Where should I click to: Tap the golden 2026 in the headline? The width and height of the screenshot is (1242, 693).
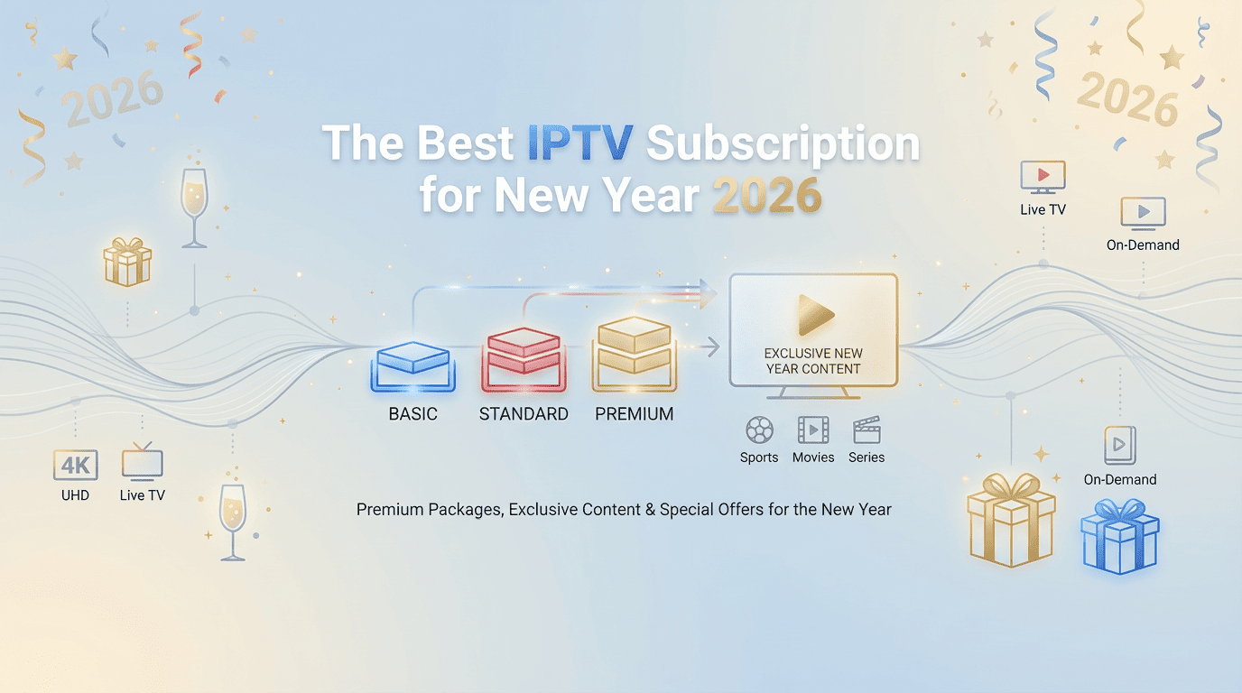click(766, 196)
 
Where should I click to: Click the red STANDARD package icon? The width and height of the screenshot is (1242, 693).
click(523, 360)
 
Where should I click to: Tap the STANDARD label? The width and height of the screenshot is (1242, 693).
click(524, 414)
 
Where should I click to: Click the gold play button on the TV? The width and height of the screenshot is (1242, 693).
click(814, 315)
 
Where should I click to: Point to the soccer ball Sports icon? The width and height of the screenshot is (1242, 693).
click(759, 430)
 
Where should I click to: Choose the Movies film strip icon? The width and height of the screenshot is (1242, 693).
click(813, 430)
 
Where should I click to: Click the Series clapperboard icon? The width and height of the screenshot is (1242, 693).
click(867, 430)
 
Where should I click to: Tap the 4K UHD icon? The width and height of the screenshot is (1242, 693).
click(75, 466)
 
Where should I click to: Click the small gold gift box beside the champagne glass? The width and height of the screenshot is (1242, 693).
click(127, 262)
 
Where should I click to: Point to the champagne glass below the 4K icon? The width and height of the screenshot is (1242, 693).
click(233, 519)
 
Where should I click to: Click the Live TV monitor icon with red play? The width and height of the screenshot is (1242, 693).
click(1043, 177)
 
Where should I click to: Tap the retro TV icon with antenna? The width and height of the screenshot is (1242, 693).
click(143, 460)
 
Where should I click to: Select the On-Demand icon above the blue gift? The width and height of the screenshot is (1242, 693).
click(1120, 446)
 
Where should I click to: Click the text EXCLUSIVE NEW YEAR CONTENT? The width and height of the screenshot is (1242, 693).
click(813, 361)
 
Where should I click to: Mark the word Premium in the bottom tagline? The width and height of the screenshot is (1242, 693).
click(389, 510)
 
